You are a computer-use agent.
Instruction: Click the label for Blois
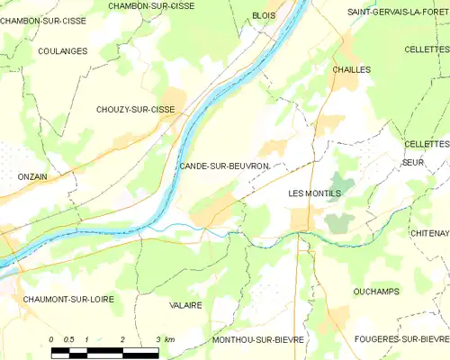[x=264, y=15]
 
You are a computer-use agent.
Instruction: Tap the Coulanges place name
[x=63, y=51]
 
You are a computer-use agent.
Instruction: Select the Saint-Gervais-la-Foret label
[x=398, y=13]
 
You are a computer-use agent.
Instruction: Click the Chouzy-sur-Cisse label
[x=135, y=110]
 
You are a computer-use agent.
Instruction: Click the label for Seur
[x=413, y=162]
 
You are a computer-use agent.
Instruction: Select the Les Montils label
[x=312, y=193]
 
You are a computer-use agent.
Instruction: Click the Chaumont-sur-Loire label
[x=69, y=299]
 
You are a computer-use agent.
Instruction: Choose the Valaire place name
[x=185, y=306]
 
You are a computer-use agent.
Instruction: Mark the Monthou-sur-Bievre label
[x=258, y=339]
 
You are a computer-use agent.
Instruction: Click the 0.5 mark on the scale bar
[x=68, y=339]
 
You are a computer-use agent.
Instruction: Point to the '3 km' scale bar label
[x=164, y=339]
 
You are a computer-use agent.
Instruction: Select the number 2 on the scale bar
[x=121, y=339]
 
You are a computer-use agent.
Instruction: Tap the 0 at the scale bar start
[x=52, y=339]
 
